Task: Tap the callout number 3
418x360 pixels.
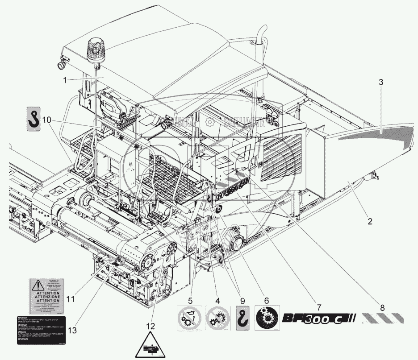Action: pos(380,83)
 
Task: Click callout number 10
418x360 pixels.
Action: pos(47,120)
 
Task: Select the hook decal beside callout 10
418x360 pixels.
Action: pos(33,119)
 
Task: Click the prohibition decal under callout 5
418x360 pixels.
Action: pos(189,318)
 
